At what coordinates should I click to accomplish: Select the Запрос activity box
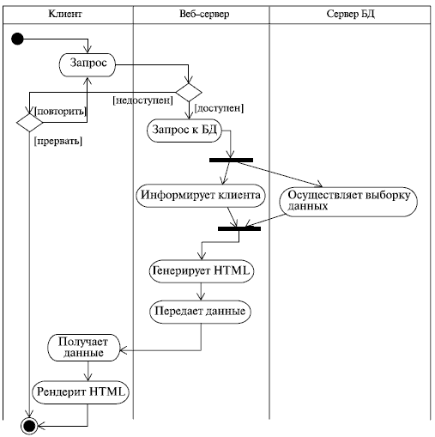pos(88,64)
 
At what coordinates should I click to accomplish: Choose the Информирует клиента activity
pos(201,195)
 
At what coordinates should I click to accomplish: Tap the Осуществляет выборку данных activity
pos(348,200)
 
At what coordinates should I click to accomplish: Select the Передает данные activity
pos(201,311)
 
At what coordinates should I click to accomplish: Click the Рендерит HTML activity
pos(82,392)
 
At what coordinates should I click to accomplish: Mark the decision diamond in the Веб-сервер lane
pos(188,91)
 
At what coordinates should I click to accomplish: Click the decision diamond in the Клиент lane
pos(29,122)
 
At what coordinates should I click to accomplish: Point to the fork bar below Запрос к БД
pos(231,160)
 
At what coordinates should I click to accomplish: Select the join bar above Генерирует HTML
pos(239,228)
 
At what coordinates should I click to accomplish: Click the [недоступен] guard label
pos(142,101)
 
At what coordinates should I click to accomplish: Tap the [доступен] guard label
pos(219,108)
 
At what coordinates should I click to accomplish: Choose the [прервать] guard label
pos(57,140)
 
